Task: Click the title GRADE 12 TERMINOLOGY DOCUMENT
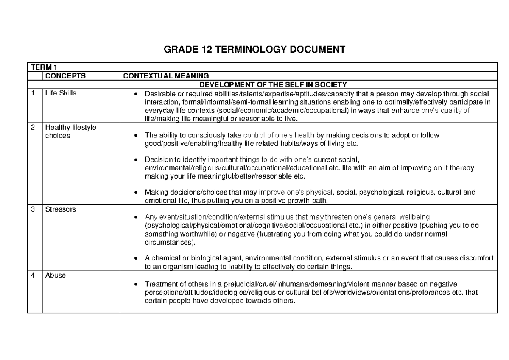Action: [255, 50]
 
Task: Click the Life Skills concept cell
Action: [61, 93]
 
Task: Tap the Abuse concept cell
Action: [55, 276]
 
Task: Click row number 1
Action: [33, 93]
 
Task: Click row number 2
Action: [33, 128]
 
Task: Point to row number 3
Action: [33, 209]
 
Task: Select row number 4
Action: [33, 276]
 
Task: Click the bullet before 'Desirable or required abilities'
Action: [135, 94]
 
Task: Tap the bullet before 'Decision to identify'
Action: [135, 160]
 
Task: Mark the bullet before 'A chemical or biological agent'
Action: [135, 258]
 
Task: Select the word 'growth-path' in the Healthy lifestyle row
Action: [308, 201]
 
